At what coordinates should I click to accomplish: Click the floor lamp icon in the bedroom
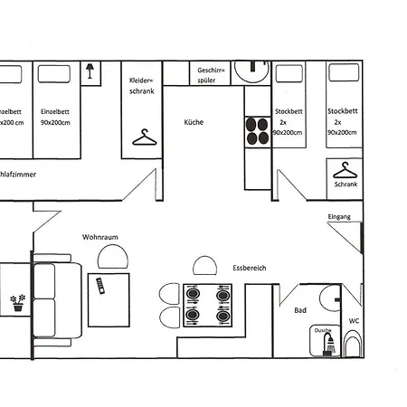(x=90, y=71)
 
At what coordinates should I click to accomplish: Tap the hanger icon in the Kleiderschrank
(x=142, y=137)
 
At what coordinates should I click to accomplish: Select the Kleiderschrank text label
(x=142, y=85)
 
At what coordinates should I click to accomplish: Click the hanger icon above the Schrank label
(x=344, y=169)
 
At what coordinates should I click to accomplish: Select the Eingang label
(x=339, y=217)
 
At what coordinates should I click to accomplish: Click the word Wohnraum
(x=100, y=237)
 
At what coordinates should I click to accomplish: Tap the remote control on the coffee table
(x=100, y=287)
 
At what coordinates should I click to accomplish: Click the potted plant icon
(x=16, y=302)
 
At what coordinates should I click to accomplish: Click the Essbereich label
(x=249, y=268)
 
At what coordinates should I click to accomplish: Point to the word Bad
(x=300, y=310)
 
